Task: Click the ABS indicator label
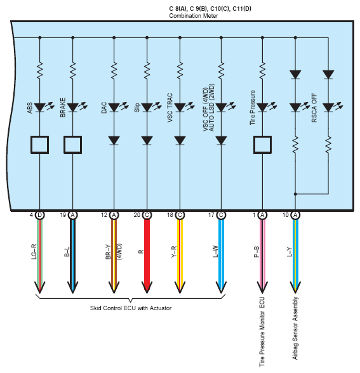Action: click(x=29, y=108)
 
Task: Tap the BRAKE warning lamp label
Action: click(x=62, y=107)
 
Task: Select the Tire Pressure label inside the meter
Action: click(x=253, y=107)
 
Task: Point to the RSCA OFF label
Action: click(x=314, y=108)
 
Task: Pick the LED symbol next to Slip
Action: click(x=150, y=107)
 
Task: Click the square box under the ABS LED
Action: click(x=40, y=145)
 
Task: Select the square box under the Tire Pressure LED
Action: click(x=262, y=145)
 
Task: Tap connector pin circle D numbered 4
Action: click(x=40, y=215)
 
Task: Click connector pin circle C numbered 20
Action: click(x=147, y=215)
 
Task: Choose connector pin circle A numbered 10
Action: click(x=295, y=215)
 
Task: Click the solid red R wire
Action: click(x=147, y=256)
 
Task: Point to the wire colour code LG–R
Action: click(x=34, y=251)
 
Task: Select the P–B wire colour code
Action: click(x=257, y=252)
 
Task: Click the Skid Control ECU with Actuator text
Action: click(x=131, y=308)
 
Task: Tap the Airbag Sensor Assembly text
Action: click(x=295, y=328)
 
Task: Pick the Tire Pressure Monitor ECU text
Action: click(x=262, y=332)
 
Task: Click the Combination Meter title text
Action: click(x=193, y=16)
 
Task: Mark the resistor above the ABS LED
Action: click(x=40, y=70)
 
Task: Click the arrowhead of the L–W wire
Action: click(x=221, y=287)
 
